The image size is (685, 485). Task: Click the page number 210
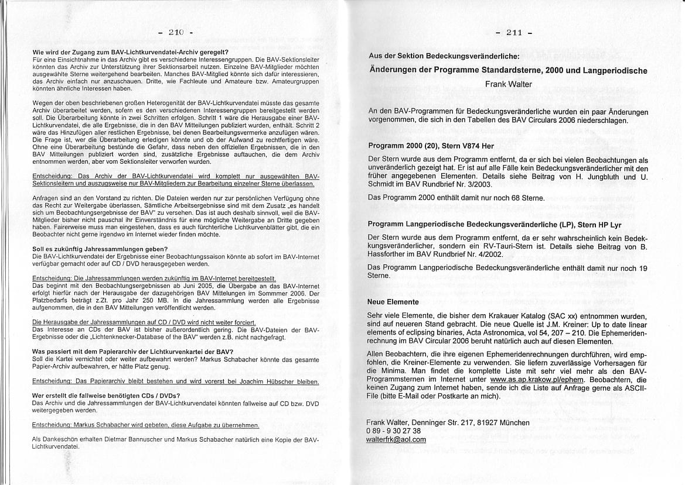pyautogui.click(x=175, y=32)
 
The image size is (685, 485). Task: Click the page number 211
pyautogui.click(x=513, y=33)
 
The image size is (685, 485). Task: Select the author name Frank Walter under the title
pyautogui.click(x=508, y=84)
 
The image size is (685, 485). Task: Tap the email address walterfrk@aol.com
pyautogui.click(x=396, y=439)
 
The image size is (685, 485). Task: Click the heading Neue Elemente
pyautogui.click(x=393, y=302)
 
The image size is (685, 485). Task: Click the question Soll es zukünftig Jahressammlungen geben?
pyautogui.click(x=96, y=249)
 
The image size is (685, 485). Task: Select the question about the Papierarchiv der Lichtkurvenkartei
pyautogui.click(x=133, y=351)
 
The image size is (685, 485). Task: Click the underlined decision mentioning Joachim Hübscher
pyautogui.click(x=175, y=381)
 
